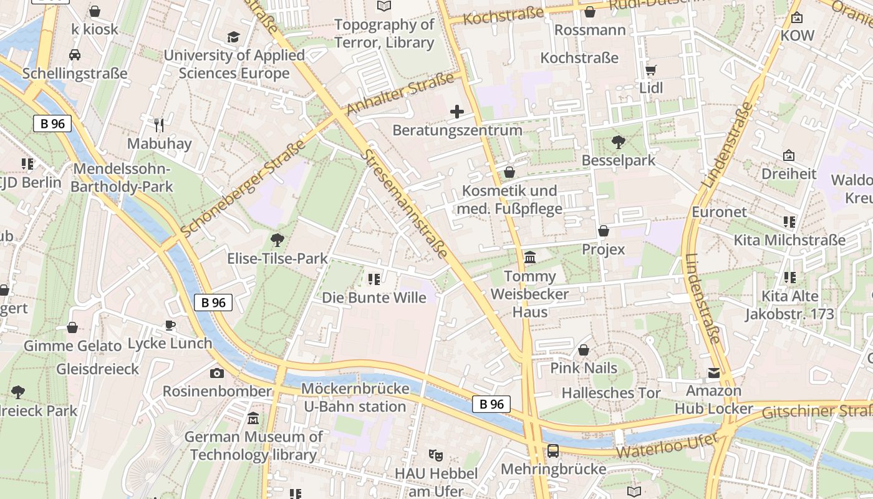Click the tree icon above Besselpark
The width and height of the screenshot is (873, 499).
pos(618,142)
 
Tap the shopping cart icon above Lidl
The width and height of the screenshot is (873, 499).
pos(651,70)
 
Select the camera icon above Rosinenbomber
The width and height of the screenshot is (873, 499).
pos(216,374)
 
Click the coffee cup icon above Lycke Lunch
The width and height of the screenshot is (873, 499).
pos(170,325)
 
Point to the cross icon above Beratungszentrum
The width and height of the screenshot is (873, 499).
pos(457,112)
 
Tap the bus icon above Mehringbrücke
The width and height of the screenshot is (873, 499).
pos(552,450)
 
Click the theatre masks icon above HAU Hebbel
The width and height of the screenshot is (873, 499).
pos(435,455)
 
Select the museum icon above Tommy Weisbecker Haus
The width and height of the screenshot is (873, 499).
pos(530,258)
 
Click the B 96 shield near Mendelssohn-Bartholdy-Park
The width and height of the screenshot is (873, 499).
pos(52,124)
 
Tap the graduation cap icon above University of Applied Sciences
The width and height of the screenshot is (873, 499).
pos(233,37)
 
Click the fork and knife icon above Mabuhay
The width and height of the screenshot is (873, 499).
pos(159,125)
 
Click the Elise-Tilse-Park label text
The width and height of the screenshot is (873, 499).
pos(277,258)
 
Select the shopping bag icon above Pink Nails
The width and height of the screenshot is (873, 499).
pos(584,351)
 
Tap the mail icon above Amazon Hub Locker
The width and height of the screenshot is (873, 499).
pos(713,373)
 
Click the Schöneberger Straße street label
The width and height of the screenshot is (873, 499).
pos(243,188)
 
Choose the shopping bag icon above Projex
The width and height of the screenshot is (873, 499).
pos(603,231)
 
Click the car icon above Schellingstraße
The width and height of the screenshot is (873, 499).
pos(75,55)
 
